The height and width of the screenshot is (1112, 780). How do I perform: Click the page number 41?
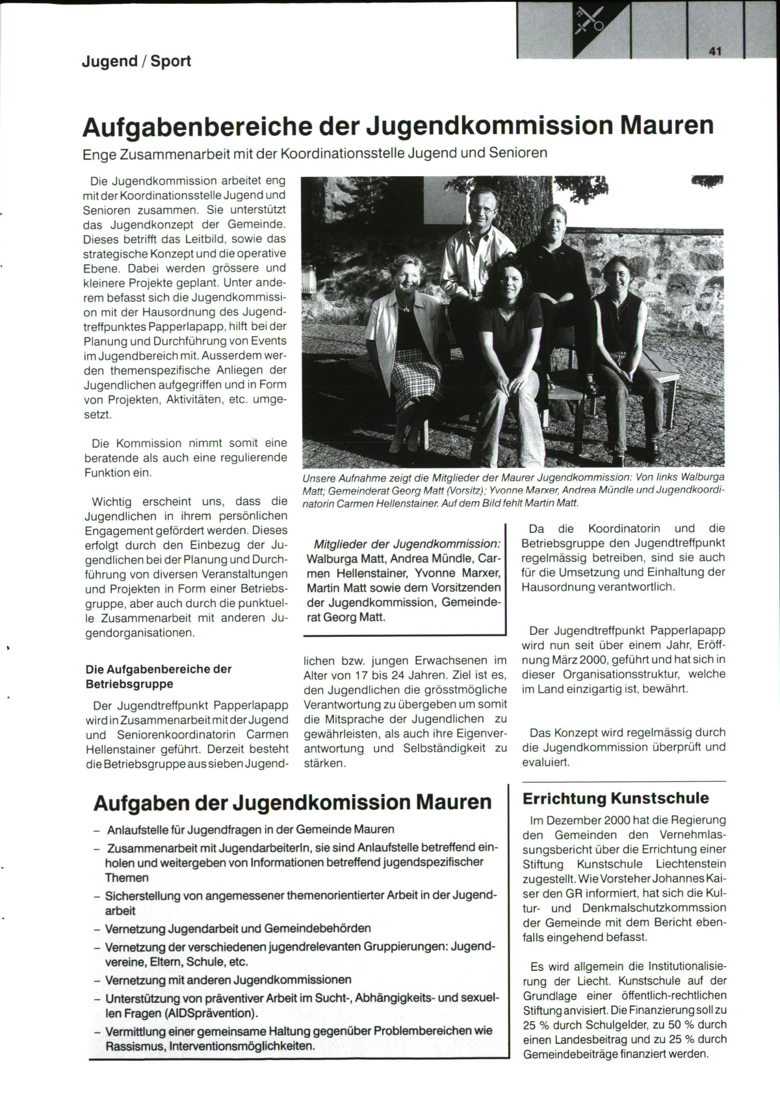tap(716, 51)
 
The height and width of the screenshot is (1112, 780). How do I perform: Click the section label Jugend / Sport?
tap(136, 61)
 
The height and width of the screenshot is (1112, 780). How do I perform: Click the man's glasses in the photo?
tap(481, 208)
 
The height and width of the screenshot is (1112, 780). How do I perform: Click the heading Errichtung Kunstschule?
tap(616, 798)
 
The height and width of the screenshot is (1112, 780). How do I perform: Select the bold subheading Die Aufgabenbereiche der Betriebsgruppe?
tap(158, 676)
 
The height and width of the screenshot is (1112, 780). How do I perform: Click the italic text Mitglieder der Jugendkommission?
tap(407, 544)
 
